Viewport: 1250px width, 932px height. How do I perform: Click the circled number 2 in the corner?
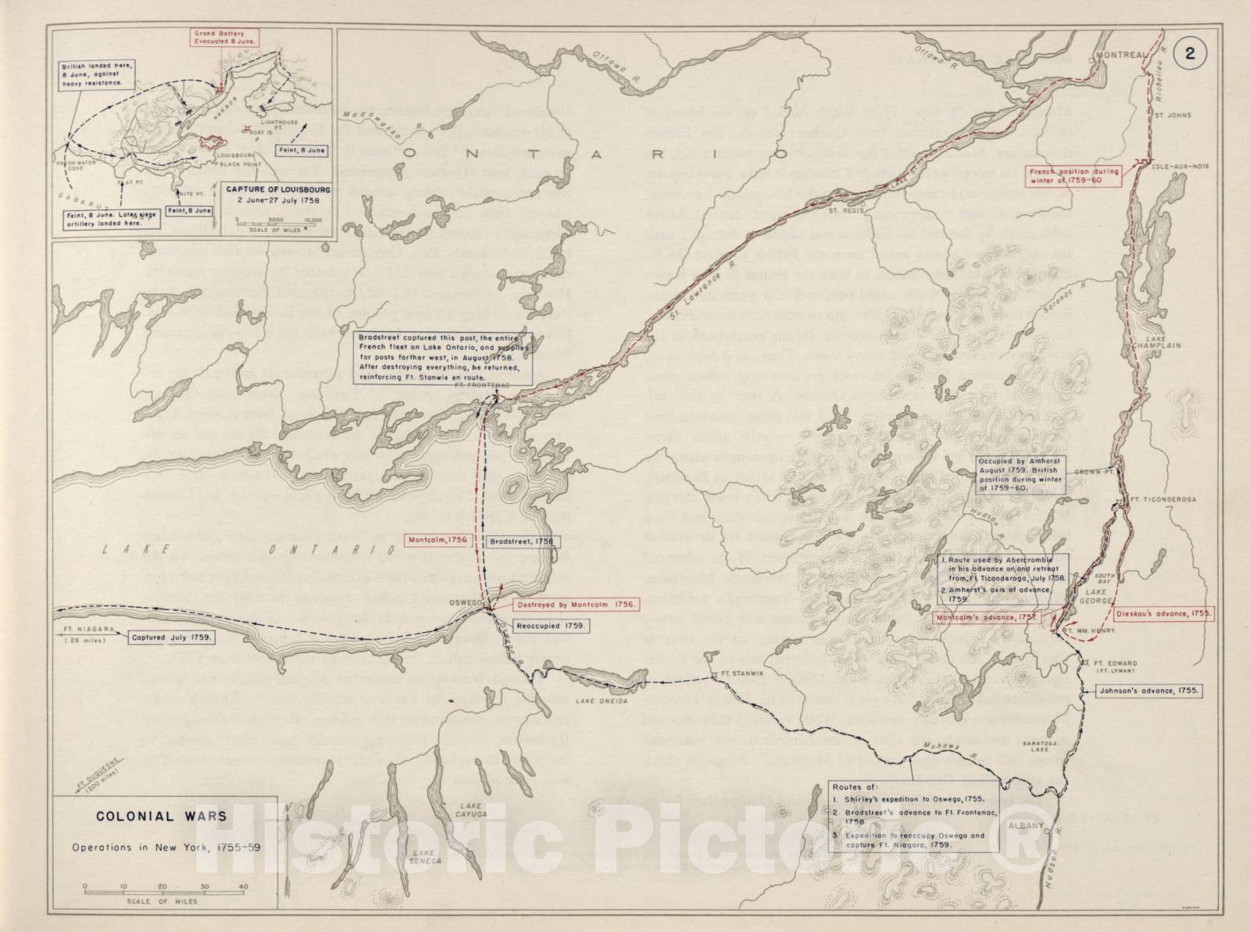tap(1190, 53)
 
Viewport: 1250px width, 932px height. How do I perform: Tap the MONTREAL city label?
tap(1120, 55)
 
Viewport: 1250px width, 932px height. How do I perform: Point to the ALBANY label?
tap(1025, 826)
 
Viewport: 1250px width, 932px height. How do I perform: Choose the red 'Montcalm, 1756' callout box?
tap(437, 540)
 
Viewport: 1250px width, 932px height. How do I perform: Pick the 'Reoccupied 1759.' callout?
tap(551, 626)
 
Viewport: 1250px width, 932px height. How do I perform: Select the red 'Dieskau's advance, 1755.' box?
tap(1163, 613)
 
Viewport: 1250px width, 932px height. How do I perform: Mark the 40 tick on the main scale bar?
tap(243, 887)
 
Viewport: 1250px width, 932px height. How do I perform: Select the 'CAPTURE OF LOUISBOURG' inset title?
tap(278, 189)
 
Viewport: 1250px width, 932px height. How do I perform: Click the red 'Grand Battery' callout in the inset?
tap(226, 37)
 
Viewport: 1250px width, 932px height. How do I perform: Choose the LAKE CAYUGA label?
tap(472, 809)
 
